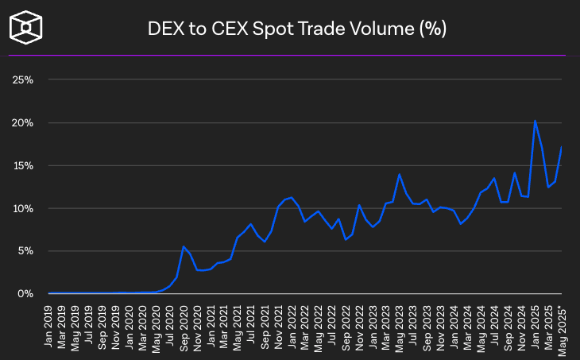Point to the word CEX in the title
pyautogui.click(x=242, y=29)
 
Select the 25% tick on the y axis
pyautogui.click(x=22, y=80)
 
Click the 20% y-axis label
pyautogui.click(x=22, y=123)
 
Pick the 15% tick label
pyautogui.click(x=22, y=166)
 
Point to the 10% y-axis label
pyautogui.click(x=22, y=209)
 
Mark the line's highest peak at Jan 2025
pyautogui.click(x=535, y=121)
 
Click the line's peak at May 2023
pyautogui.click(x=400, y=174)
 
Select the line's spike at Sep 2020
pyautogui.click(x=184, y=246)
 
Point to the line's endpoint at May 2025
pyautogui.click(x=562, y=147)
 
